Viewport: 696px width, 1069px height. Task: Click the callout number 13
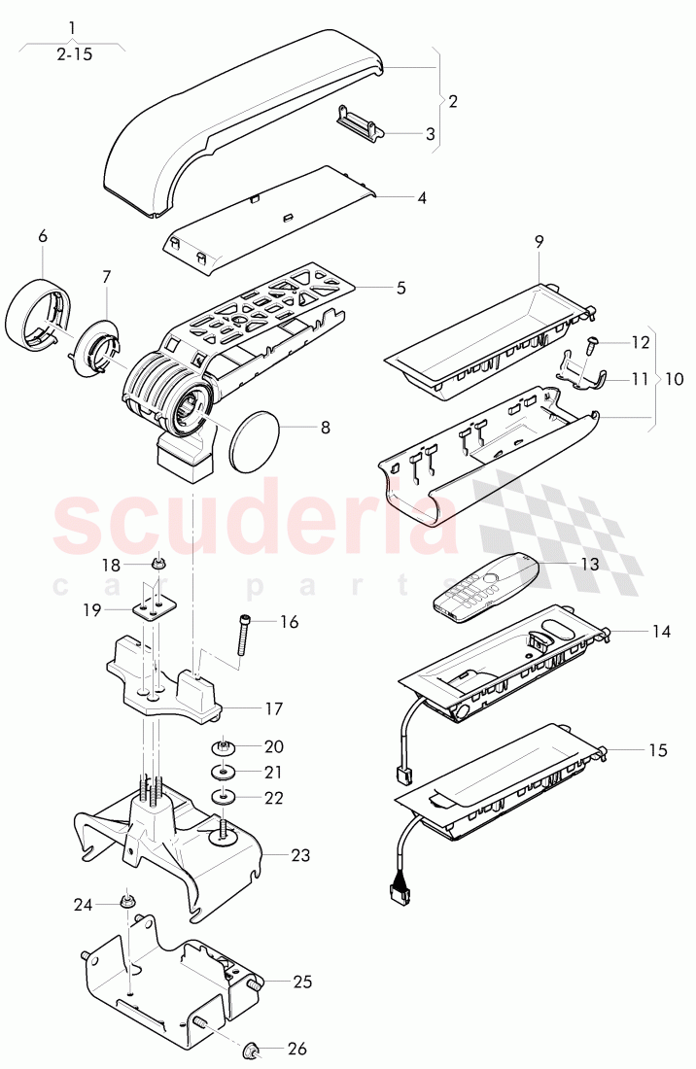(x=590, y=565)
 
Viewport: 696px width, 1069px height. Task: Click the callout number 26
(x=297, y=1049)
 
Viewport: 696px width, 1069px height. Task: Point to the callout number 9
(x=539, y=241)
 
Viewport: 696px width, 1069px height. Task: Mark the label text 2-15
(x=74, y=53)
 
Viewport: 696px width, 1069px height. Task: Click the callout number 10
(x=674, y=378)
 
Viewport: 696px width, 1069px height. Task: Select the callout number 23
(x=300, y=854)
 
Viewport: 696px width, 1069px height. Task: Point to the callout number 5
(x=400, y=288)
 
